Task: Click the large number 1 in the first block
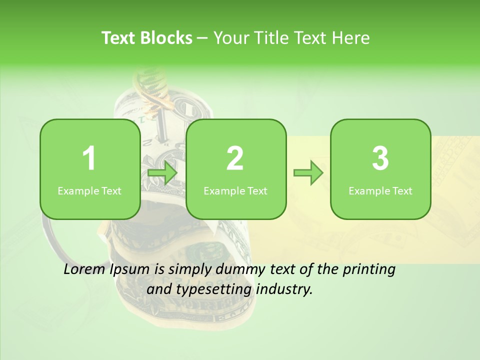(89, 158)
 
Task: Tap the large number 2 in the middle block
(235, 158)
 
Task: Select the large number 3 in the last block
(380, 158)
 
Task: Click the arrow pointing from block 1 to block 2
(163, 173)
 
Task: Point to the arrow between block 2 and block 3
(308, 173)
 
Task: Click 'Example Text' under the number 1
(89, 191)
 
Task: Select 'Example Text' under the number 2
(235, 191)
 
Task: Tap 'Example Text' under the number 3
(380, 191)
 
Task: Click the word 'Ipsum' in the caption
(131, 270)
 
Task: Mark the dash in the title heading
(203, 38)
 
